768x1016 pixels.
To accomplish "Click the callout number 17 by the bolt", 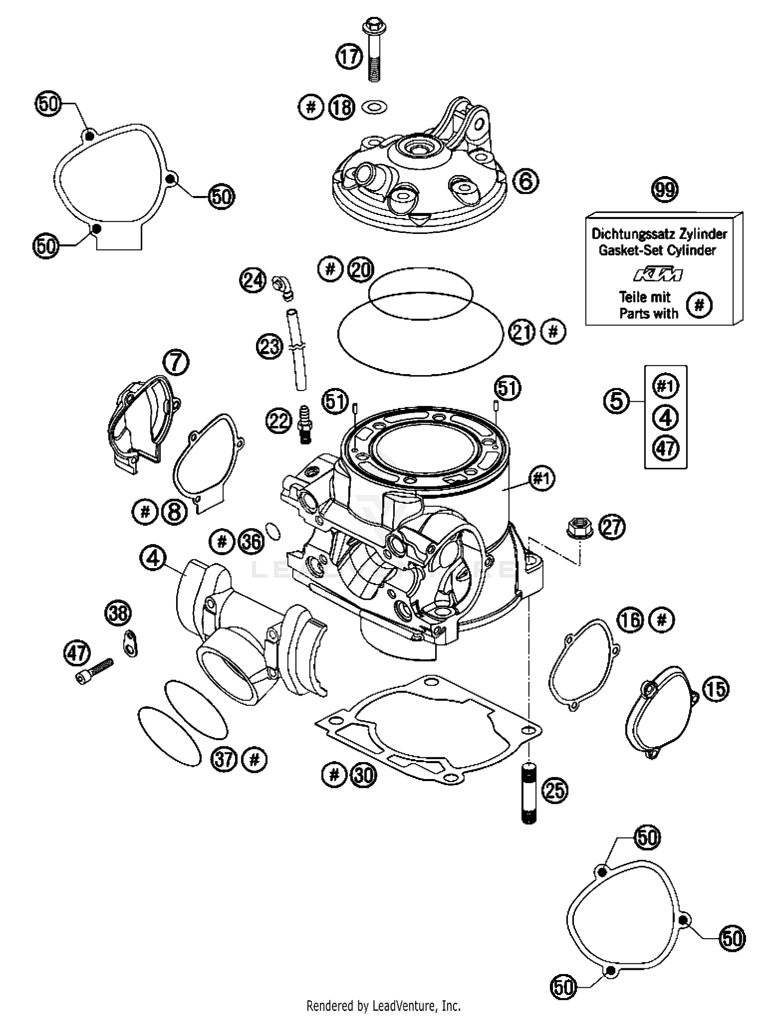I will tap(349, 56).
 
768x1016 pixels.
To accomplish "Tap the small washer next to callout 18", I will tap(374, 107).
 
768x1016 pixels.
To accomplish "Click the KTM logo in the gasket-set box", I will tap(658, 275).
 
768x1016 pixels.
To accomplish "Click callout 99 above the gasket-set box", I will tap(665, 190).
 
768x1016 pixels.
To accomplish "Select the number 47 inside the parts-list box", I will tap(665, 448).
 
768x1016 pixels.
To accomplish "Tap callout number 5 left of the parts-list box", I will tap(616, 400).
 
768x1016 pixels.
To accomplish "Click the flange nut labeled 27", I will tap(580, 527).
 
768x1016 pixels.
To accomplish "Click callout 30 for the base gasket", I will tap(364, 775).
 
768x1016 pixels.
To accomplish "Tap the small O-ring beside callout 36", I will tap(274, 531).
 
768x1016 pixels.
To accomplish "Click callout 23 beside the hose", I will tap(269, 347).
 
